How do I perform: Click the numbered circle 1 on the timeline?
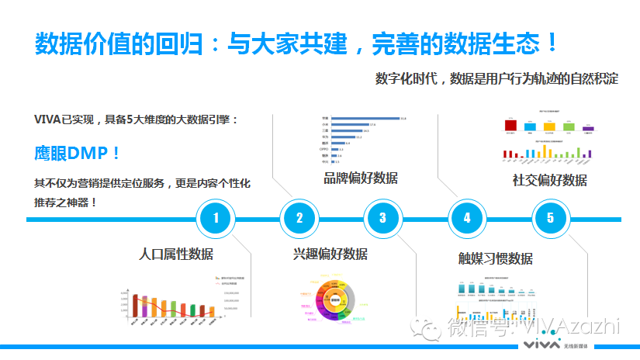[216, 218]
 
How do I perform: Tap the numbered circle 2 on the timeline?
[299, 218]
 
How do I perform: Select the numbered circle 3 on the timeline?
[382, 218]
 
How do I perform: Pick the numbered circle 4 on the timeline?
[466, 218]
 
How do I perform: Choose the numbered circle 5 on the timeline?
[550, 218]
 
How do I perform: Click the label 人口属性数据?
[176, 254]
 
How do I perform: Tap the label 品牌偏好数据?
[360, 178]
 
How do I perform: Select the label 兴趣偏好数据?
[330, 254]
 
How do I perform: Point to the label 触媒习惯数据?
[495, 258]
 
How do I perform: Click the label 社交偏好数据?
[549, 180]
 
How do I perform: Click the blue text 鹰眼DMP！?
[78, 153]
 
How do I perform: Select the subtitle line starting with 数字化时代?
[496, 79]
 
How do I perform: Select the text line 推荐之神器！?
[66, 202]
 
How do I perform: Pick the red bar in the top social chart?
[510, 126]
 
